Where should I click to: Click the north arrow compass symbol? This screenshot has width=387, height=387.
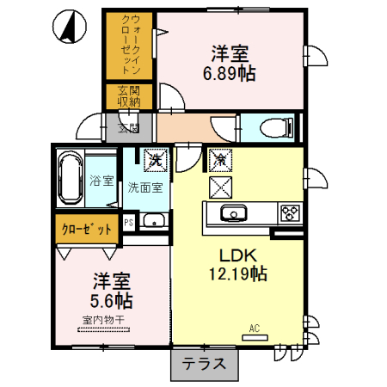64,28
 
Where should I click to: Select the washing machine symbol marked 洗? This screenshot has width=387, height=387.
156,159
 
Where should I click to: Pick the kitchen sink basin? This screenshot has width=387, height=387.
230,214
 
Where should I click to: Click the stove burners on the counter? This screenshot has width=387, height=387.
290,214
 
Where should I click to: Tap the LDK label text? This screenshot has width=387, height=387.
236,255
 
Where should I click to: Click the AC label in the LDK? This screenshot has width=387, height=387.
255,328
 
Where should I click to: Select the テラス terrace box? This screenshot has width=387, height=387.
204,365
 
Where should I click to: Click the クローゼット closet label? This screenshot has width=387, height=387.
87,230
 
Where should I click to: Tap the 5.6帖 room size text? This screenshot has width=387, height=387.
111,301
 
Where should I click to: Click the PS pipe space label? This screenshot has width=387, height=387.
129,222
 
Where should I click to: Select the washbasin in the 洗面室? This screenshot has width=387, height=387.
156,223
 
